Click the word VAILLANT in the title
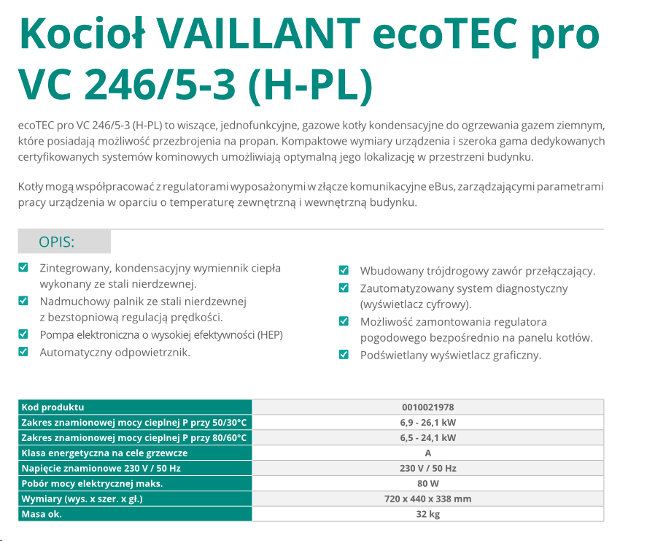point(259,34)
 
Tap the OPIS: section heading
point(56,242)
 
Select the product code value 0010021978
point(428,407)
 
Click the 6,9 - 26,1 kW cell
point(428,423)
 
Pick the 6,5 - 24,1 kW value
point(428,438)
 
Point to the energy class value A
point(428,453)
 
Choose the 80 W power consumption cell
point(428,483)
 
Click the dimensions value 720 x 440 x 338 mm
point(428,499)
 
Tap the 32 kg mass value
point(428,514)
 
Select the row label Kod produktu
point(53,407)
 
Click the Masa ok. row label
point(42,514)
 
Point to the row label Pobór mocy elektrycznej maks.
point(92,483)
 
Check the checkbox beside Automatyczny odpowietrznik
point(23,351)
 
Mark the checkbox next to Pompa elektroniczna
point(23,334)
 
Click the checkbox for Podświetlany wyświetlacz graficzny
point(344,354)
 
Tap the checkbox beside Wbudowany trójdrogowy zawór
point(344,270)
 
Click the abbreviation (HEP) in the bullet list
point(271,335)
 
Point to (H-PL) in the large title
point(310,85)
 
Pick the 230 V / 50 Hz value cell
point(428,468)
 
